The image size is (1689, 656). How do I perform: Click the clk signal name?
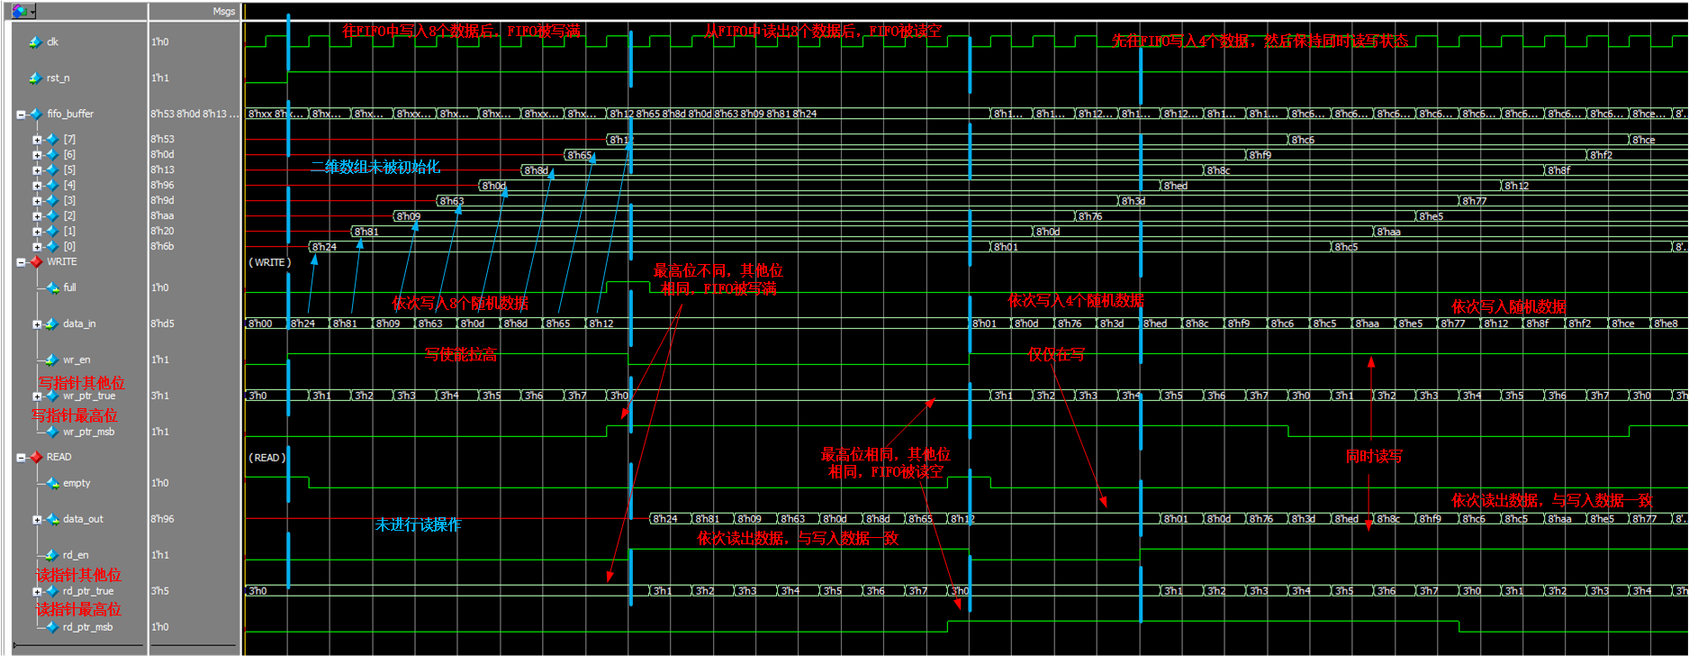(52, 42)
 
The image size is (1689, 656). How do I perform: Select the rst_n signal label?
(58, 78)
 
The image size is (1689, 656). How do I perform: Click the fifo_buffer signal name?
(70, 114)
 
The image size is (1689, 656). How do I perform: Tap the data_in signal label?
(79, 324)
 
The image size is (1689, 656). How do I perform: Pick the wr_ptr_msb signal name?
(88, 433)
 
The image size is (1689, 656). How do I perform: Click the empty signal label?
(77, 484)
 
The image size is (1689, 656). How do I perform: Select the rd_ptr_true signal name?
(88, 592)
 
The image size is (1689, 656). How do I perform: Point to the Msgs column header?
(223, 12)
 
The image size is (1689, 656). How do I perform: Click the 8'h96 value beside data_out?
(162, 520)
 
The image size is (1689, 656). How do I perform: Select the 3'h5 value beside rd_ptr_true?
(159, 592)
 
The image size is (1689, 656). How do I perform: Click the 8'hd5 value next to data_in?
(162, 324)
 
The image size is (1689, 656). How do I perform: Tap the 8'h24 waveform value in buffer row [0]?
(325, 247)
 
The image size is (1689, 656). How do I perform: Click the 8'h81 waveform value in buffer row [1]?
(366, 232)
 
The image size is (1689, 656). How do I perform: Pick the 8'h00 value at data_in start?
(260, 323)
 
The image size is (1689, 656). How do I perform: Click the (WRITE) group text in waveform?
(269, 262)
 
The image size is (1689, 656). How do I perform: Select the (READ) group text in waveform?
(266, 458)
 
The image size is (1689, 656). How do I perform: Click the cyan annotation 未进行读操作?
(417, 524)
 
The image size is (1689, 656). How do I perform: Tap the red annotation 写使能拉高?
(460, 355)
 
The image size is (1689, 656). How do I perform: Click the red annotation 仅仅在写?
(1056, 355)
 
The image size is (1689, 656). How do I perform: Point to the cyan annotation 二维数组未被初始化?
(375, 168)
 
